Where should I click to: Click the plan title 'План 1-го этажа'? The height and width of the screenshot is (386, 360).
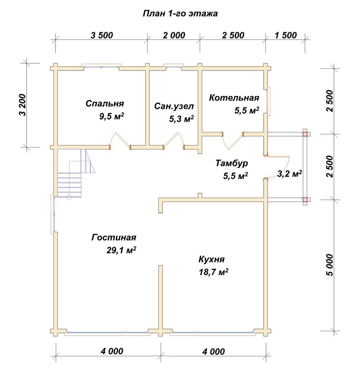click(x=180, y=14)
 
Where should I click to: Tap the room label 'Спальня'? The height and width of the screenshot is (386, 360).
click(x=104, y=103)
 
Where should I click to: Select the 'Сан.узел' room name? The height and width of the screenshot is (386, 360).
click(x=174, y=106)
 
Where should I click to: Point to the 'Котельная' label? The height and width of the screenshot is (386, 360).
click(x=234, y=97)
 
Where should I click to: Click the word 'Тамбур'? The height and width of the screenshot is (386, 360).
click(x=231, y=163)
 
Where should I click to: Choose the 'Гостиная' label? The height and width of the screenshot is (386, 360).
click(x=114, y=237)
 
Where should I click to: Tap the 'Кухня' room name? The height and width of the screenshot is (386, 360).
click(x=211, y=259)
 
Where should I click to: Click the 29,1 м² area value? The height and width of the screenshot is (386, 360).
click(x=121, y=250)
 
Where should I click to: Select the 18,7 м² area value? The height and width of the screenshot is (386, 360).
click(x=213, y=272)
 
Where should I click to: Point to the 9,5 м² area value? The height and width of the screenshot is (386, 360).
click(x=111, y=116)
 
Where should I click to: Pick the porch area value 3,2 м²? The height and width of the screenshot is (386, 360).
click(x=289, y=174)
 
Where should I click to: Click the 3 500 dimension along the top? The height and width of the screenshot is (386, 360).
click(x=102, y=35)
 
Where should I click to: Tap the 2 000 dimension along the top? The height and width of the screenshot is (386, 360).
click(x=174, y=35)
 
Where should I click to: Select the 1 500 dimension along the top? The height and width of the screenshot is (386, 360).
click(x=286, y=35)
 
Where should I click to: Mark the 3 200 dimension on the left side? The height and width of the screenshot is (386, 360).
click(x=22, y=105)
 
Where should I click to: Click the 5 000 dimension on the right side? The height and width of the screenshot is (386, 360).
click(x=330, y=265)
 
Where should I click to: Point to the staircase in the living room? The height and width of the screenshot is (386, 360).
click(x=76, y=173)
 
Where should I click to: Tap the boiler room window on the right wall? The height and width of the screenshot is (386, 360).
click(x=268, y=101)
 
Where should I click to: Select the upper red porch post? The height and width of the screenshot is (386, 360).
click(x=305, y=134)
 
